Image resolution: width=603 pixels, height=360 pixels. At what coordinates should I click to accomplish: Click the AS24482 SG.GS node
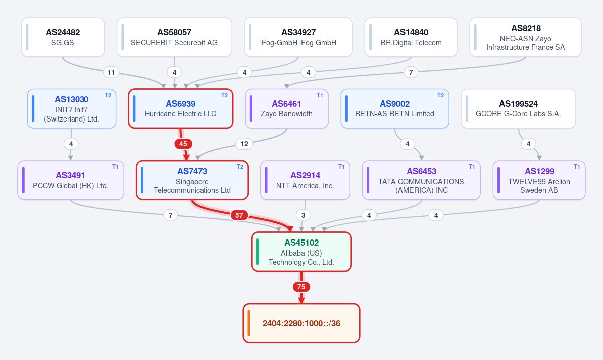[63, 37]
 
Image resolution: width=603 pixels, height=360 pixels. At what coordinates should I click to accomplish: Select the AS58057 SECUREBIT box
[174, 37]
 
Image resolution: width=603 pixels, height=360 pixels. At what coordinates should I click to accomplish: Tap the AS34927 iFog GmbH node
[298, 37]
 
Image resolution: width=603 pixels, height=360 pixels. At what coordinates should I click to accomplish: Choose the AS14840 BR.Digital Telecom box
[411, 37]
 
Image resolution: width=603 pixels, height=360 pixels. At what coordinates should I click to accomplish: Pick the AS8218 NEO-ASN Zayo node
[526, 37]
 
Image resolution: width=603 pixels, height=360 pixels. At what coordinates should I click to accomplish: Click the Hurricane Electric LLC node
[180, 108]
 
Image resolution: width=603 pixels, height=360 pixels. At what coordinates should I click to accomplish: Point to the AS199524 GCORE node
[519, 108]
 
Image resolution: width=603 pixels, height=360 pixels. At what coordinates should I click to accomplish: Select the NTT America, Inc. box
[306, 180]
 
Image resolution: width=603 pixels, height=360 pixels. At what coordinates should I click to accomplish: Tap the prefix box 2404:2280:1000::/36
[301, 323]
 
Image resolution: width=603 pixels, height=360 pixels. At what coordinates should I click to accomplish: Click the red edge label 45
[183, 144]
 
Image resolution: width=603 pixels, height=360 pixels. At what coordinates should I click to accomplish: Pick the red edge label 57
[239, 215]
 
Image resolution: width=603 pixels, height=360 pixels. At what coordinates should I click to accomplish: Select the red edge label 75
[301, 287]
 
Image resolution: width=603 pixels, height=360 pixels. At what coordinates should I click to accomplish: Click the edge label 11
[111, 72]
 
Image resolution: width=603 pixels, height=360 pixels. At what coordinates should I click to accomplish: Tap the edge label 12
[244, 144]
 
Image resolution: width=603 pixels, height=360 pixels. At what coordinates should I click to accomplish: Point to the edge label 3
[303, 215]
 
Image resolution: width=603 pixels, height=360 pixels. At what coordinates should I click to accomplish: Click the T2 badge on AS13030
[108, 95]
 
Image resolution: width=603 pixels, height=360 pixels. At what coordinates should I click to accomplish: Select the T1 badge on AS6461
[320, 95]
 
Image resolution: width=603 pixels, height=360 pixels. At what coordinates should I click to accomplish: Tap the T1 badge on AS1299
[577, 167]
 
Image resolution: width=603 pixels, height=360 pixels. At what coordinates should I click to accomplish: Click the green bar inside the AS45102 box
[258, 252]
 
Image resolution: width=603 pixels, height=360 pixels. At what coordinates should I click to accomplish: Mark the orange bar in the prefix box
[249, 323]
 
